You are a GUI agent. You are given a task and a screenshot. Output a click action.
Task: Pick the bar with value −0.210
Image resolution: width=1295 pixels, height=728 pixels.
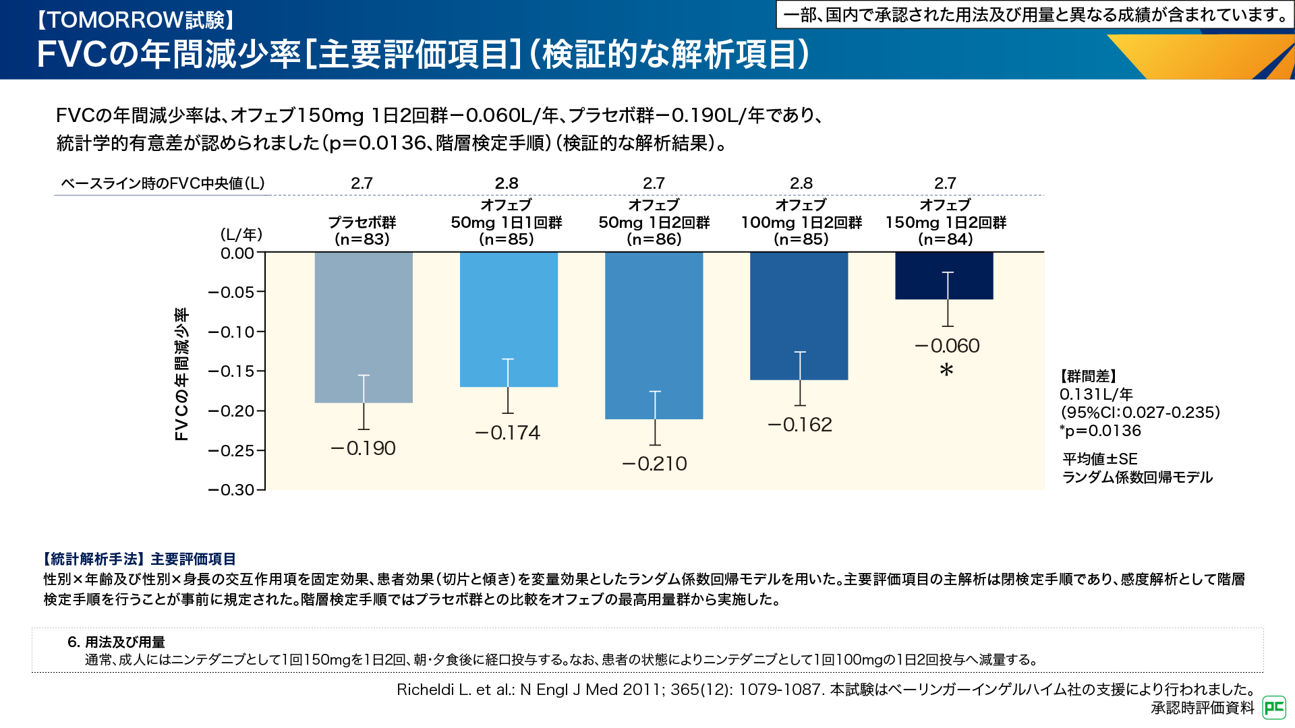coord(654,330)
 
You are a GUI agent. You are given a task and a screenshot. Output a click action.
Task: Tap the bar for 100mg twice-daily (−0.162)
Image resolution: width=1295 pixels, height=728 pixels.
coord(799,310)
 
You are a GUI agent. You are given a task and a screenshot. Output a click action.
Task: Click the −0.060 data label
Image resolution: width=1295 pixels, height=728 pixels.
coord(947,346)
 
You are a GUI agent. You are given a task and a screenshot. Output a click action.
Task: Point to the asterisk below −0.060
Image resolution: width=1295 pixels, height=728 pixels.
coord(946,370)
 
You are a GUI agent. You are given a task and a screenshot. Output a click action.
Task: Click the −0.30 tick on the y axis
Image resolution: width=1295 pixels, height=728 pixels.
coord(231,490)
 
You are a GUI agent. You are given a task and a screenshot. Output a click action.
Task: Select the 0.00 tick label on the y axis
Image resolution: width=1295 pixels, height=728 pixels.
coord(237,253)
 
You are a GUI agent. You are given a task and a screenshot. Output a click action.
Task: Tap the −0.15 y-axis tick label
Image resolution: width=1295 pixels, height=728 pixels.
coord(231,371)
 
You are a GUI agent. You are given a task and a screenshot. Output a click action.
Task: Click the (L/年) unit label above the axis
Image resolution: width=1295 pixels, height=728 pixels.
coord(241,235)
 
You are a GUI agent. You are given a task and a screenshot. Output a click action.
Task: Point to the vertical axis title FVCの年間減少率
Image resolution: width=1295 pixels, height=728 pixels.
coord(181,374)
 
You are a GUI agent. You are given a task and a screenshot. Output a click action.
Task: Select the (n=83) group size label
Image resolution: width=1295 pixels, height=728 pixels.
coord(362,239)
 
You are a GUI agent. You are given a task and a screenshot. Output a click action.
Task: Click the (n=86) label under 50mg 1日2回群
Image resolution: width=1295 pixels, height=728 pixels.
coord(654,239)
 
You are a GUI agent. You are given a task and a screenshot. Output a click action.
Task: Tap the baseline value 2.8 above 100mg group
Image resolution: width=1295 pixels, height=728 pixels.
coord(801,183)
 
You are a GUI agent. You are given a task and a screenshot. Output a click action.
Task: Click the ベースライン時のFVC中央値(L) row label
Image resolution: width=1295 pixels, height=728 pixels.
coord(163,183)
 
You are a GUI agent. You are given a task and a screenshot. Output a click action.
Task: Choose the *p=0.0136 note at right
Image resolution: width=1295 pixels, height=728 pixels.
coord(1100,431)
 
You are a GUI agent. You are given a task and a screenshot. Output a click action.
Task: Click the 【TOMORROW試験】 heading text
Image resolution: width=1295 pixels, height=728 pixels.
coord(135,20)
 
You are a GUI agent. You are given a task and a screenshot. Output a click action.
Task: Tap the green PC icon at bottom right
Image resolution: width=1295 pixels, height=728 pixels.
coord(1274,707)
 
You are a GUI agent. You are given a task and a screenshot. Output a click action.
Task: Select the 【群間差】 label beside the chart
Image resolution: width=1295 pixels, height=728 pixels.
coord(1088,376)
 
